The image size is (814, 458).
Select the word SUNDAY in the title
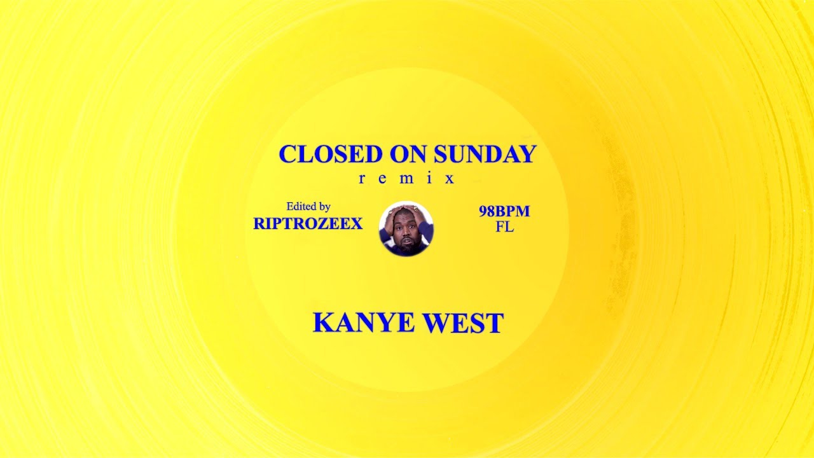[485, 155]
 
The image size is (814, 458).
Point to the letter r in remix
[362, 179]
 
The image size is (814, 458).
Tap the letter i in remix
[429, 179]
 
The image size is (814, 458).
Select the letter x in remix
[450, 179]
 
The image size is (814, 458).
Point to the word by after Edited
[324, 207]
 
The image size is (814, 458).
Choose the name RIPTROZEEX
[308, 224]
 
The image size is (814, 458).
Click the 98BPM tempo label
[504, 212]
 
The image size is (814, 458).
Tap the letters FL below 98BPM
[504, 227]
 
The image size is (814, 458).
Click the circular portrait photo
[406, 229]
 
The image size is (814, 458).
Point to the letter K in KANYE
[324, 323]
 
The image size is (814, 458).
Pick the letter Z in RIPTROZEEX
[324, 224]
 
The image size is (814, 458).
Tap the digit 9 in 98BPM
[483, 212]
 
